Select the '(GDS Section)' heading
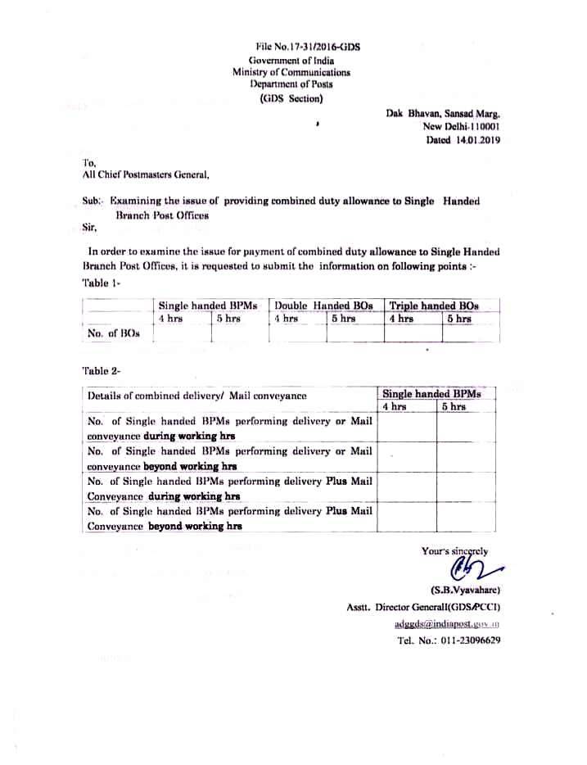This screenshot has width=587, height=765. [x=291, y=98]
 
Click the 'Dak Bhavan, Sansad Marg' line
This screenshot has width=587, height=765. [x=443, y=115]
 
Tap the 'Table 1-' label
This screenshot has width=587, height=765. [x=102, y=283]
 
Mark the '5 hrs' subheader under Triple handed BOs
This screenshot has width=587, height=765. [x=458, y=319]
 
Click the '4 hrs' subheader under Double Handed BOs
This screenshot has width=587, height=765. [x=287, y=319]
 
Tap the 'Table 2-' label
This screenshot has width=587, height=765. [x=102, y=371]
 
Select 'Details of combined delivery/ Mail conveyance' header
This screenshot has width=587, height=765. [x=197, y=396]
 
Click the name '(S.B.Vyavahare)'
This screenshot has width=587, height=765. [x=465, y=590]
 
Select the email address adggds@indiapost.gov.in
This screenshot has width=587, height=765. [x=447, y=623]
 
